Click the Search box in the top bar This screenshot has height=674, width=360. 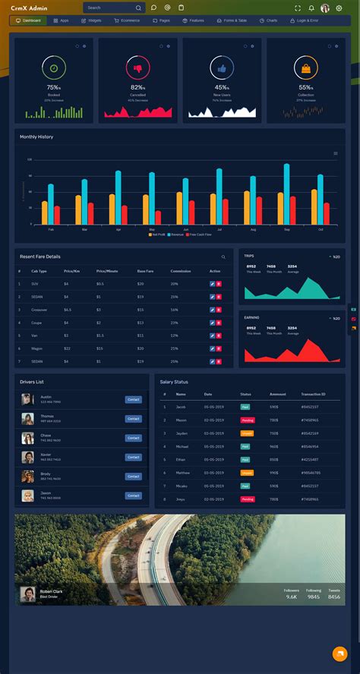[110, 8]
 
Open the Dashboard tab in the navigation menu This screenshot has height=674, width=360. [29, 20]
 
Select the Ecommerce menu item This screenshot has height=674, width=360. [127, 20]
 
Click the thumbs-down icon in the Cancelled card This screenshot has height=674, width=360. [137, 68]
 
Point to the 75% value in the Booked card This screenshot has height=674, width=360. [54, 87]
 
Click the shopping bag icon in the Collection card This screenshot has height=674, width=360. [305, 68]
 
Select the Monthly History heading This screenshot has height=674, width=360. [36, 137]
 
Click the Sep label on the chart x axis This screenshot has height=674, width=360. [287, 228]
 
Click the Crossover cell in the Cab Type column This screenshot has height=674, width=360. [39, 310]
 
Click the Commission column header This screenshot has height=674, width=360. [181, 271]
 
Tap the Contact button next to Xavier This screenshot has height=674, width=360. [133, 457]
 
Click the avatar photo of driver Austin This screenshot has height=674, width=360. [27, 399]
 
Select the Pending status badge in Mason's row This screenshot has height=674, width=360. [248, 420]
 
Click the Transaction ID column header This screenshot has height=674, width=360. [312, 394]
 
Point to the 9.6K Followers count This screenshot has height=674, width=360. [292, 597]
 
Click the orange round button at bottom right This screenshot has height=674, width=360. [339, 654]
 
